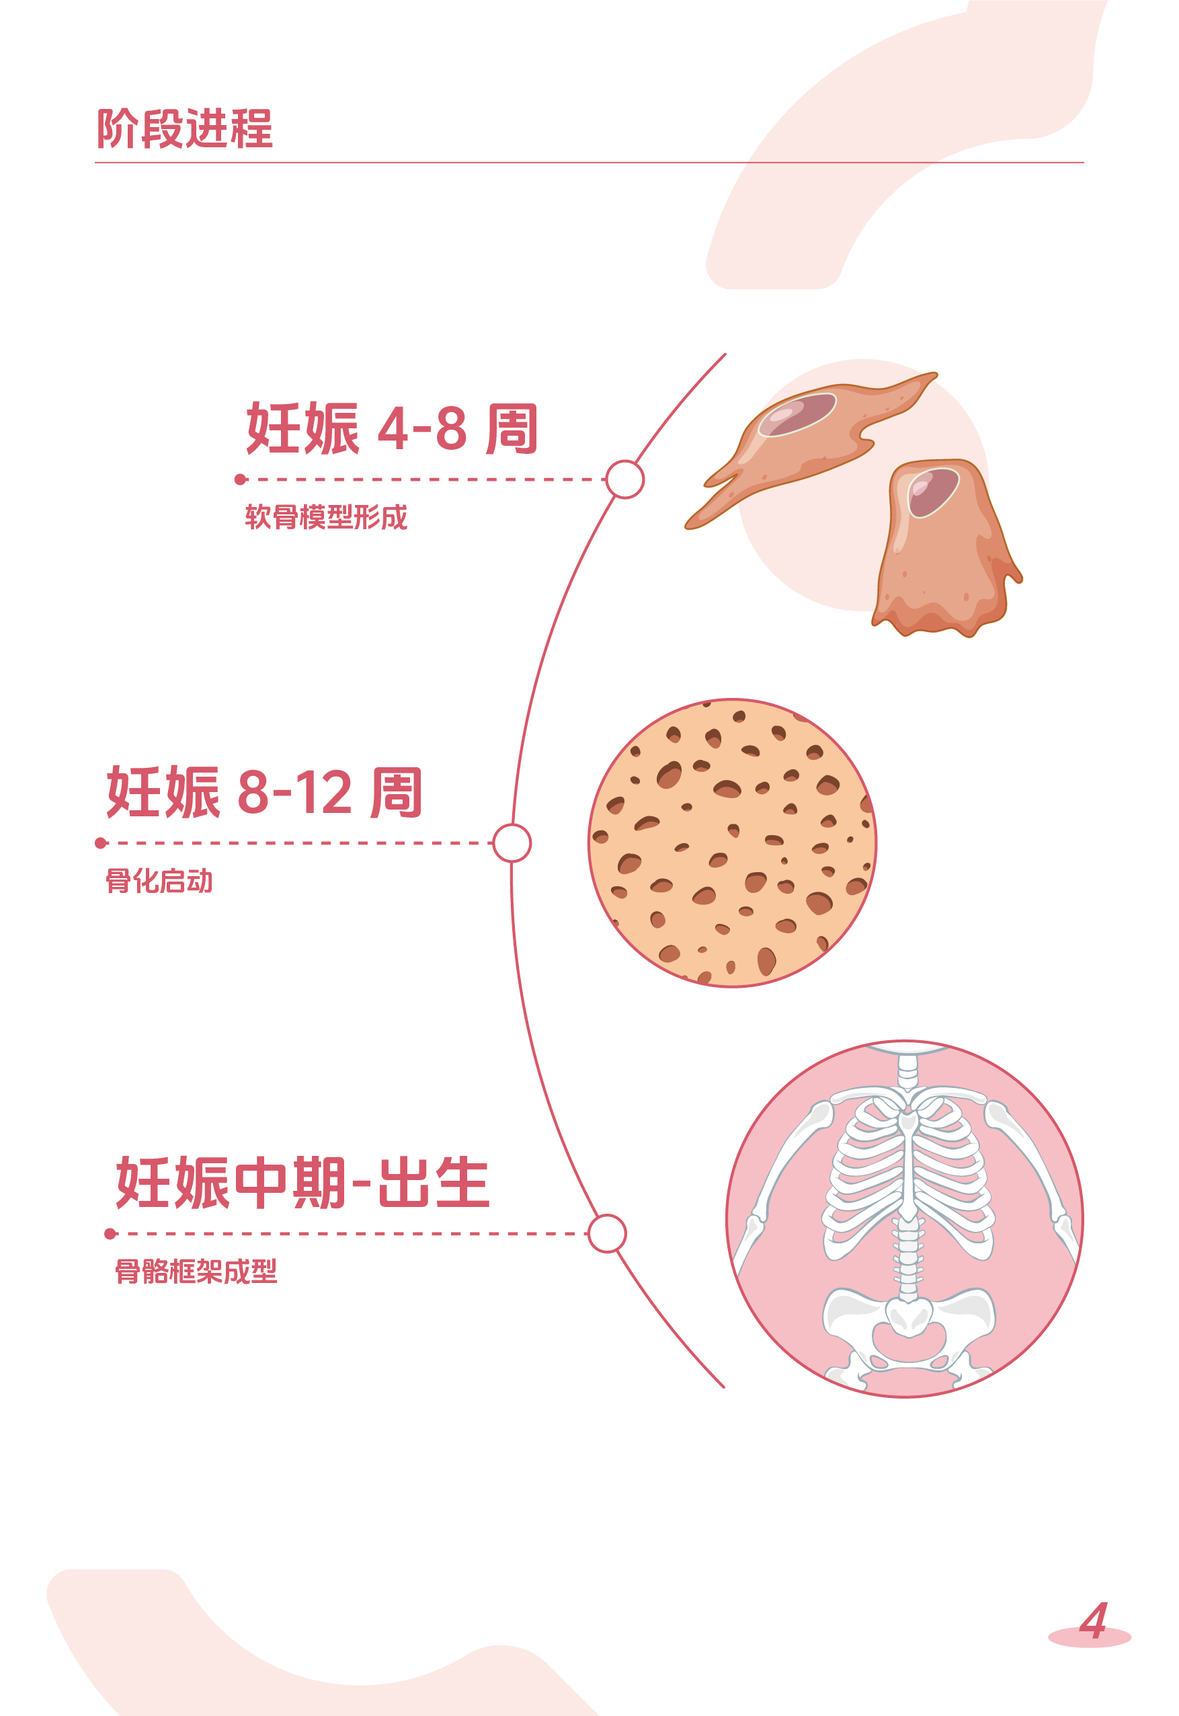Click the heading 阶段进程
[185, 128]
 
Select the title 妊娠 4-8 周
[391, 428]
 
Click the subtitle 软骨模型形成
[326, 517]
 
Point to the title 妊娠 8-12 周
[264, 792]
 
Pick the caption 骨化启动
[159, 881]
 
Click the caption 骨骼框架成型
[196, 1272]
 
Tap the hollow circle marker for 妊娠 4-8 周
[625, 479]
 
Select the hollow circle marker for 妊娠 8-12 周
[512, 843]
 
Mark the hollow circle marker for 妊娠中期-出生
[607, 1233]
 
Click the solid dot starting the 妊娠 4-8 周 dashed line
[240, 479]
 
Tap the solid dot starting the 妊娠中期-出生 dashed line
[110, 1233]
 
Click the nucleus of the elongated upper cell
[797, 415]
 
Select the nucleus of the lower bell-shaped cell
[932, 492]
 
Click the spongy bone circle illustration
[732, 843]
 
